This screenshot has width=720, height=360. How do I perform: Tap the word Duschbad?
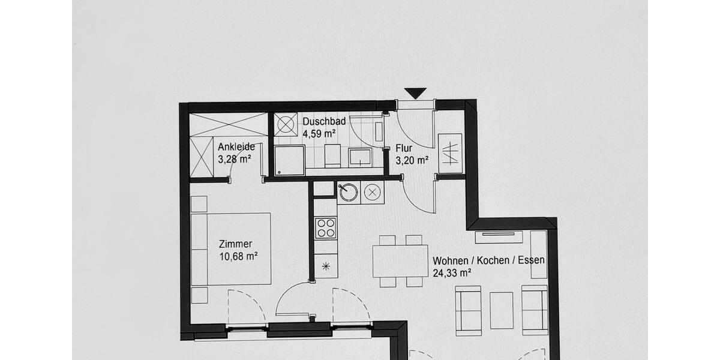pyautogui.click(x=324, y=122)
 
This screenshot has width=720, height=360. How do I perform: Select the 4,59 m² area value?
pyautogui.click(x=319, y=134)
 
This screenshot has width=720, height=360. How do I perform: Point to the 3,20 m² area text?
pyautogui.click(x=412, y=160)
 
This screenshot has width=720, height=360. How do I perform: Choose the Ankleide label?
pyautogui.click(x=236, y=146)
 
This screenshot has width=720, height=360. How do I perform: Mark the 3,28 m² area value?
pyautogui.click(x=234, y=159)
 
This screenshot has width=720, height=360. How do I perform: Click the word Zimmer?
pyautogui.click(x=235, y=244)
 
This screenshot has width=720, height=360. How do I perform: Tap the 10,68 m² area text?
pyautogui.click(x=239, y=256)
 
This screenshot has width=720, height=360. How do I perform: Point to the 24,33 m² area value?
pyautogui.click(x=452, y=272)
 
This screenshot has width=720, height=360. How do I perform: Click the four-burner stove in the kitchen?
pyautogui.click(x=326, y=228)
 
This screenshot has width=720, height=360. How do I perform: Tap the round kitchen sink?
pyautogui.click(x=348, y=193)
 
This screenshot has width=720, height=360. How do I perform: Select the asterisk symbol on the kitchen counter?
pyautogui.click(x=326, y=266)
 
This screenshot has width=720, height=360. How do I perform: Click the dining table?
pyautogui.click(x=400, y=261)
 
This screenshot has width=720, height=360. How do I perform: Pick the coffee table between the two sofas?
pyautogui.click(x=502, y=310)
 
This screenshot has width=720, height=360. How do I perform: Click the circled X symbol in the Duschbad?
pyautogui.click(x=286, y=125)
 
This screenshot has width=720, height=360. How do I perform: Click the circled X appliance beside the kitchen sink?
pyautogui.click(x=372, y=193)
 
